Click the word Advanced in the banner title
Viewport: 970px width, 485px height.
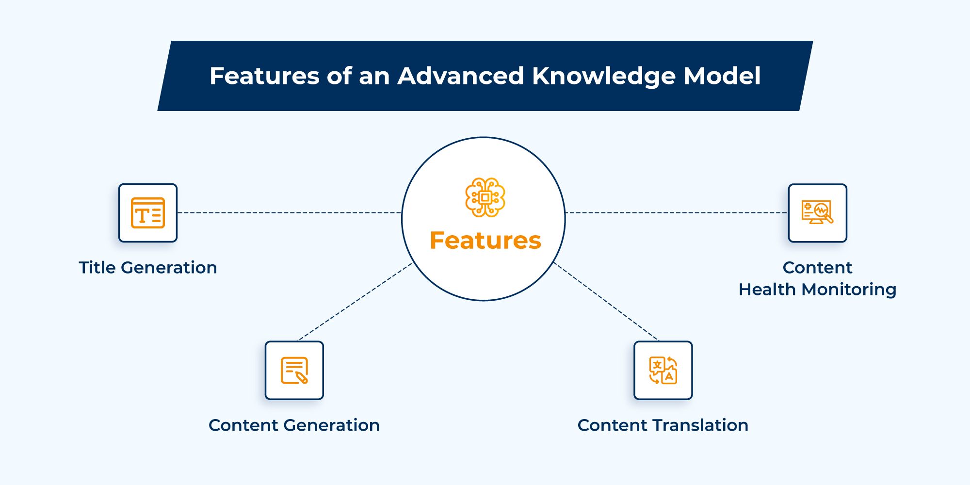[460, 76]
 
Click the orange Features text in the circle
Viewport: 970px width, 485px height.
[485, 241]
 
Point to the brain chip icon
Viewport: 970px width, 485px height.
[485, 197]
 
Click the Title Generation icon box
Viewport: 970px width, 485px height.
[148, 213]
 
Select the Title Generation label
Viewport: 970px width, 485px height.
[148, 268]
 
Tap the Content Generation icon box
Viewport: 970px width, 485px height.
[294, 371]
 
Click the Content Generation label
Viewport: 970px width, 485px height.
[294, 425]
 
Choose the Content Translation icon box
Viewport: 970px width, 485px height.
[663, 371]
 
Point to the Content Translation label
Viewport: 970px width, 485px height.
[663, 425]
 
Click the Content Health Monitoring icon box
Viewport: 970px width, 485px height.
[818, 213]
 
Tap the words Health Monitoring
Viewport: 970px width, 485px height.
[818, 290]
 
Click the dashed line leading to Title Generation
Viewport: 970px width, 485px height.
[289, 212]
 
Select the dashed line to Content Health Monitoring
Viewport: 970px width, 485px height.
[677, 212]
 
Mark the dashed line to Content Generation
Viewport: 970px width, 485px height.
[356, 301]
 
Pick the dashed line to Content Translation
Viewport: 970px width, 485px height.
[606, 301]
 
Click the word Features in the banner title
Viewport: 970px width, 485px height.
[264, 76]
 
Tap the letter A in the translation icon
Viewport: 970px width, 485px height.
[669, 376]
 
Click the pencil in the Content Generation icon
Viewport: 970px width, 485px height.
[301, 377]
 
